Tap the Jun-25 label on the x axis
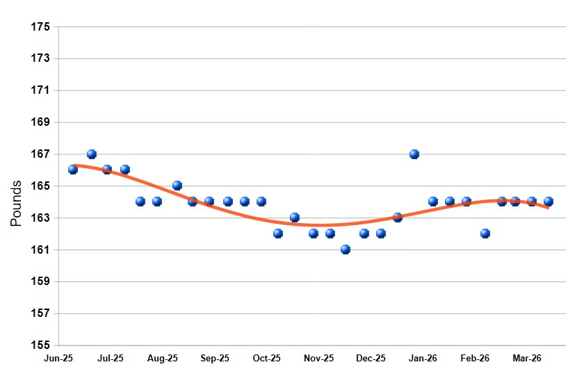(x=58, y=359)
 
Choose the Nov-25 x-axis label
(x=318, y=359)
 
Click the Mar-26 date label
(x=527, y=359)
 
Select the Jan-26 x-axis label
(x=423, y=359)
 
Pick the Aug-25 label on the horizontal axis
(x=163, y=359)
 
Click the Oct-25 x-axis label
(x=266, y=359)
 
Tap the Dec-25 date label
(x=371, y=359)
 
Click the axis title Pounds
(x=17, y=203)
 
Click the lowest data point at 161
(x=346, y=250)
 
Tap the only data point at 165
(x=177, y=186)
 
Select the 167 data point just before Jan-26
(x=414, y=154)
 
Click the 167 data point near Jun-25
(x=92, y=154)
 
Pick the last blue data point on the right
(x=549, y=202)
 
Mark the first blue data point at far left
(x=73, y=170)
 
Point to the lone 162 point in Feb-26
(x=485, y=234)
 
